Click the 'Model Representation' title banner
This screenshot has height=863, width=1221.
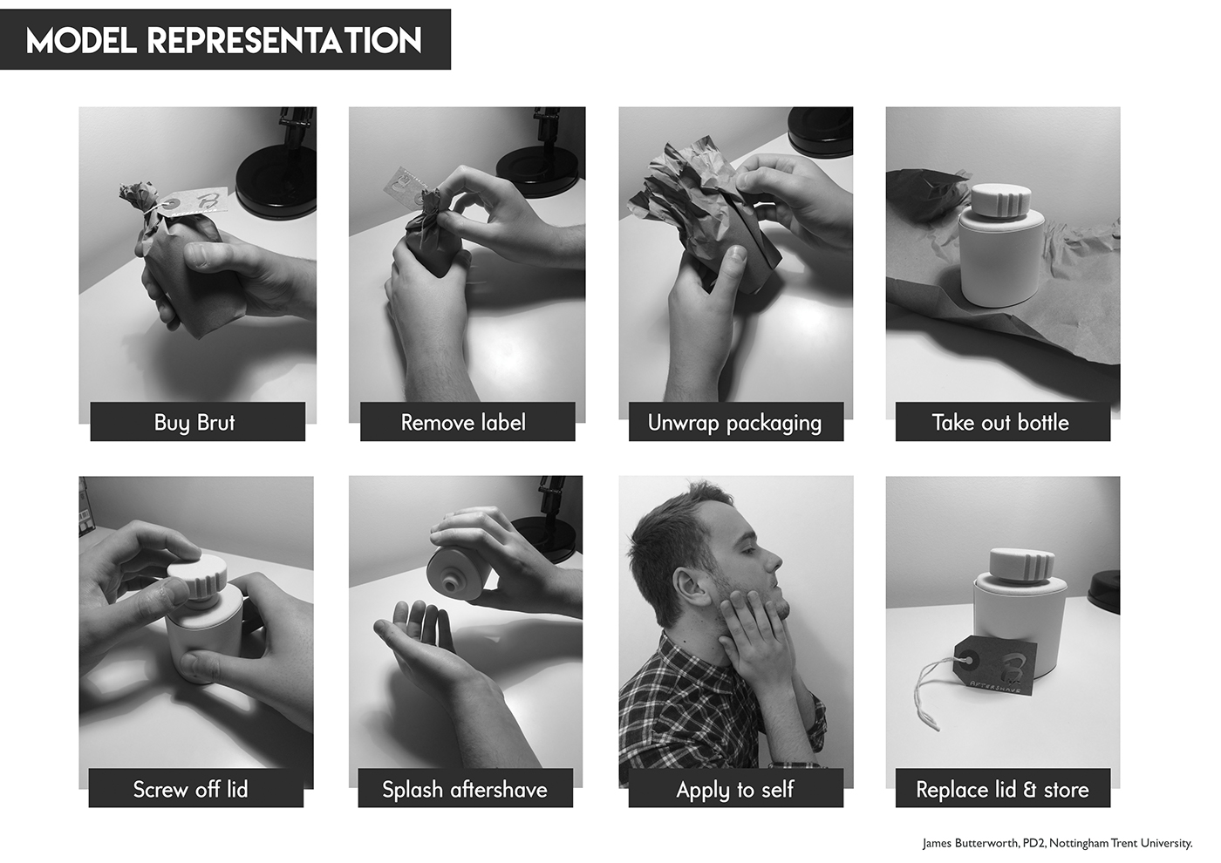click(225, 39)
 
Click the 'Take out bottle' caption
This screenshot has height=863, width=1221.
click(1002, 422)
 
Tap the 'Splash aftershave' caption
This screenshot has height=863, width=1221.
click(465, 788)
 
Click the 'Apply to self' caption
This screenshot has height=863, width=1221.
click(735, 788)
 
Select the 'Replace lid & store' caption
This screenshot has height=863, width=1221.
click(1002, 788)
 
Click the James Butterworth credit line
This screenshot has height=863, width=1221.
click(1057, 844)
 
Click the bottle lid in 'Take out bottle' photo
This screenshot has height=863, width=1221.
click(1002, 200)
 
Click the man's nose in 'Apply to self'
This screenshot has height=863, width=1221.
click(774, 560)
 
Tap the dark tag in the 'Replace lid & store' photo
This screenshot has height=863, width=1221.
click(995, 665)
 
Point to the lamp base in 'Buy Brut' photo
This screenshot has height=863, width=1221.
click(276, 182)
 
